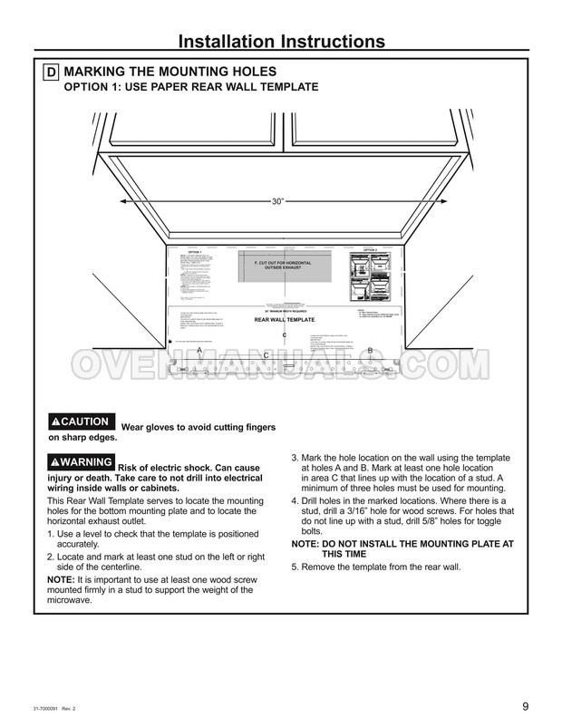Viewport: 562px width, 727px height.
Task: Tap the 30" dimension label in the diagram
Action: [278, 201]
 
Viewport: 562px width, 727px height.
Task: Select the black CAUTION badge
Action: [81, 422]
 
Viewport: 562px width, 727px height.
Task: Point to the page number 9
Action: [526, 708]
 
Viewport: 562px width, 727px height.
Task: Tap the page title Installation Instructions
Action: [280, 41]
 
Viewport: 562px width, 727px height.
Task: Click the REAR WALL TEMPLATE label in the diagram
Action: [284, 320]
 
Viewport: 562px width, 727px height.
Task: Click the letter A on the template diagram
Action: [199, 349]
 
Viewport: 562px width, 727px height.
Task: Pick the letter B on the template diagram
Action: [369, 351]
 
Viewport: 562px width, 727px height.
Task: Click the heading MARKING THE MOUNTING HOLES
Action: [170, 72]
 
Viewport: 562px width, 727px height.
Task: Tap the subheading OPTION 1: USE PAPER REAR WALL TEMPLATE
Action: [189, 87]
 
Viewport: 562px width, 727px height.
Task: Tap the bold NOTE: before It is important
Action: [62, 578]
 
